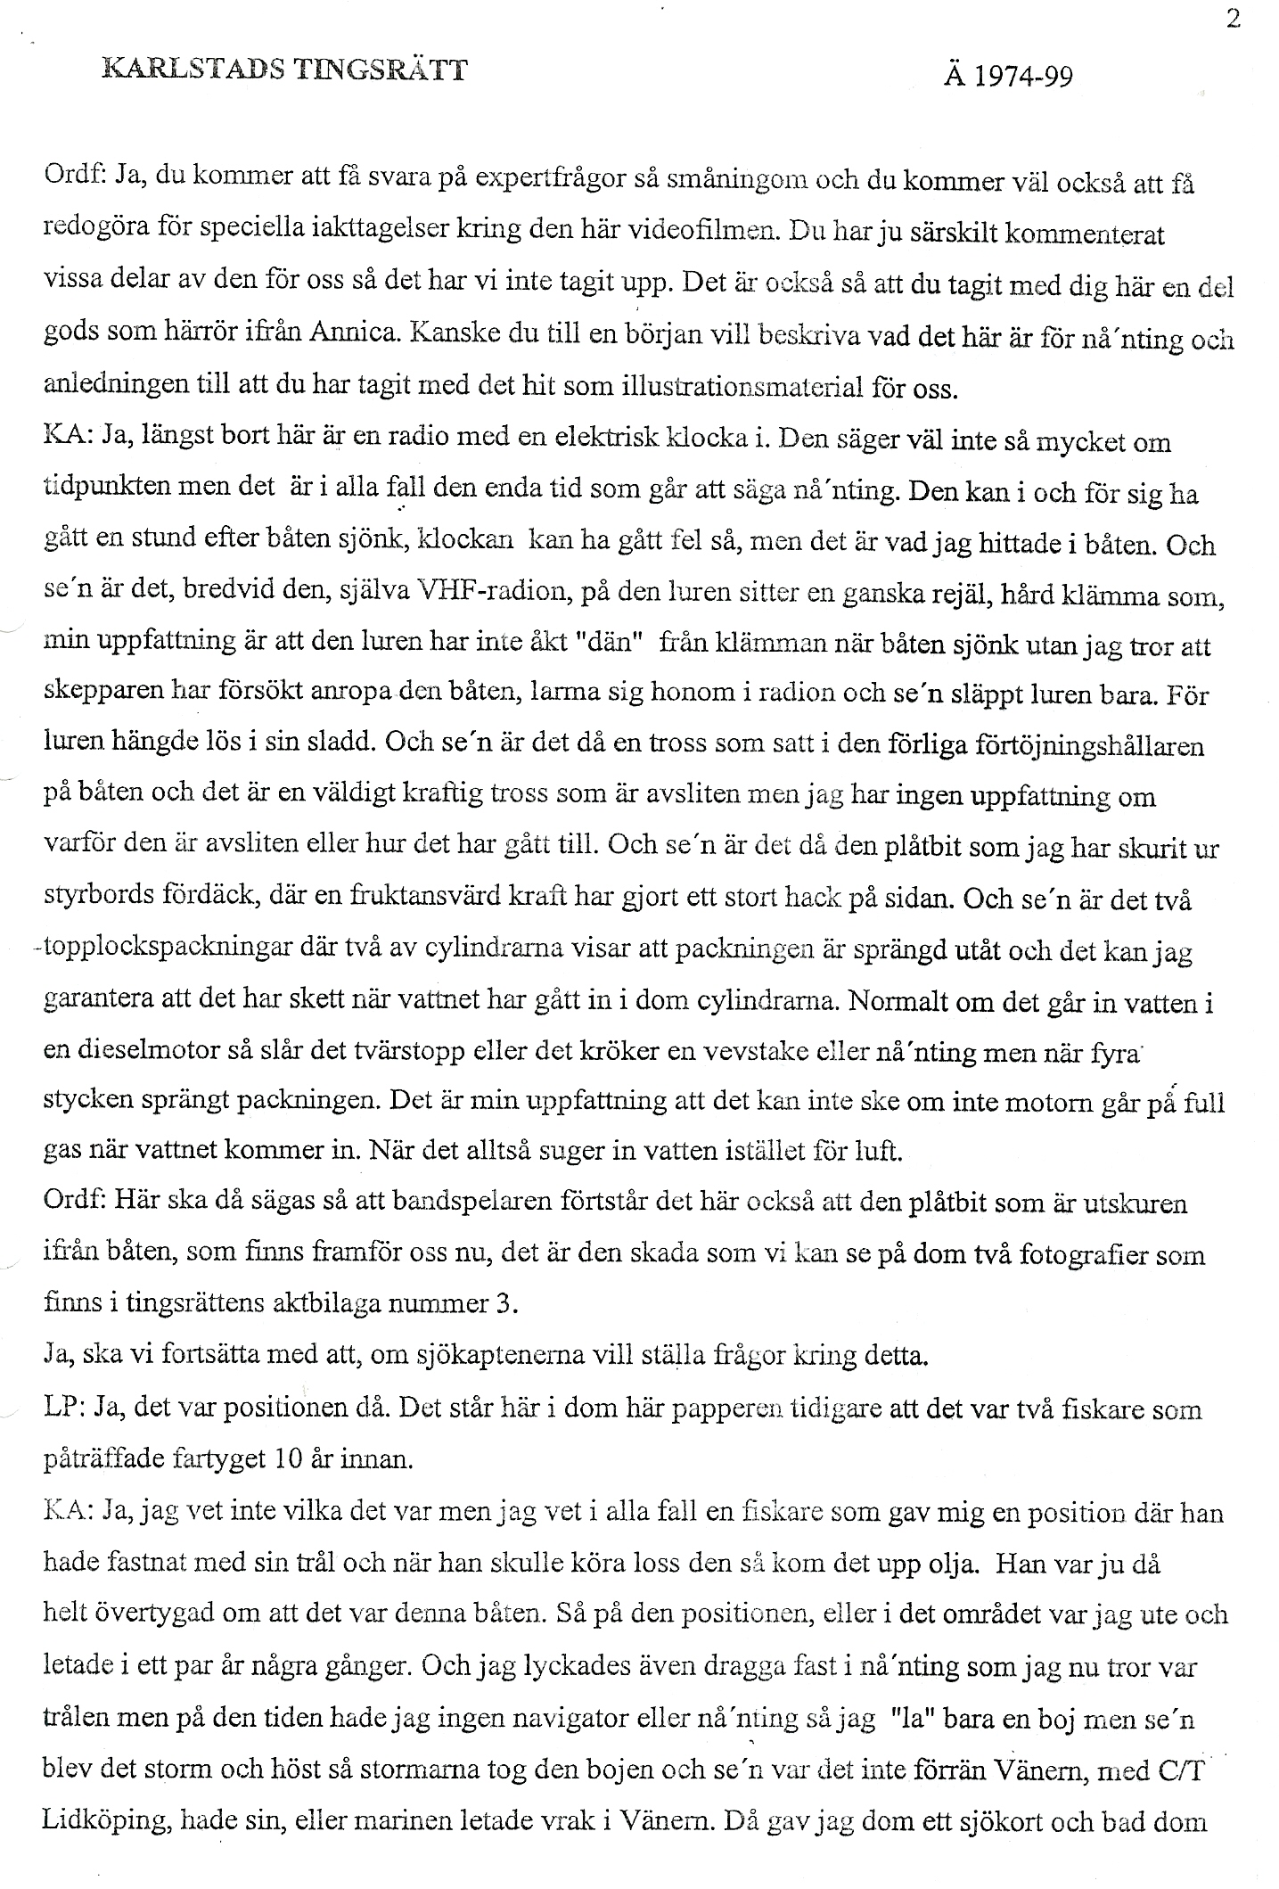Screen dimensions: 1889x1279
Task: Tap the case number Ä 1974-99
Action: (1007, 76)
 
